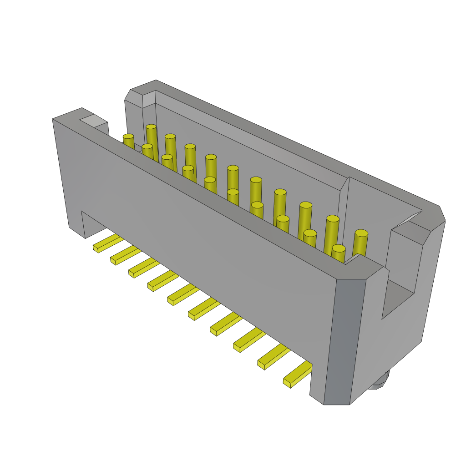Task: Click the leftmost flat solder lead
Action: coord(107,243)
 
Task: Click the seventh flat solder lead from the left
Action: coord(226,324)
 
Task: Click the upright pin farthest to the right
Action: coord(360,242)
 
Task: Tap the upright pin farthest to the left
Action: coord(129,141)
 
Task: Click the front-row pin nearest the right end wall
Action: coord(338,253)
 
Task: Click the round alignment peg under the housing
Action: coord(380,382)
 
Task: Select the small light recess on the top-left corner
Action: coord(93,121)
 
